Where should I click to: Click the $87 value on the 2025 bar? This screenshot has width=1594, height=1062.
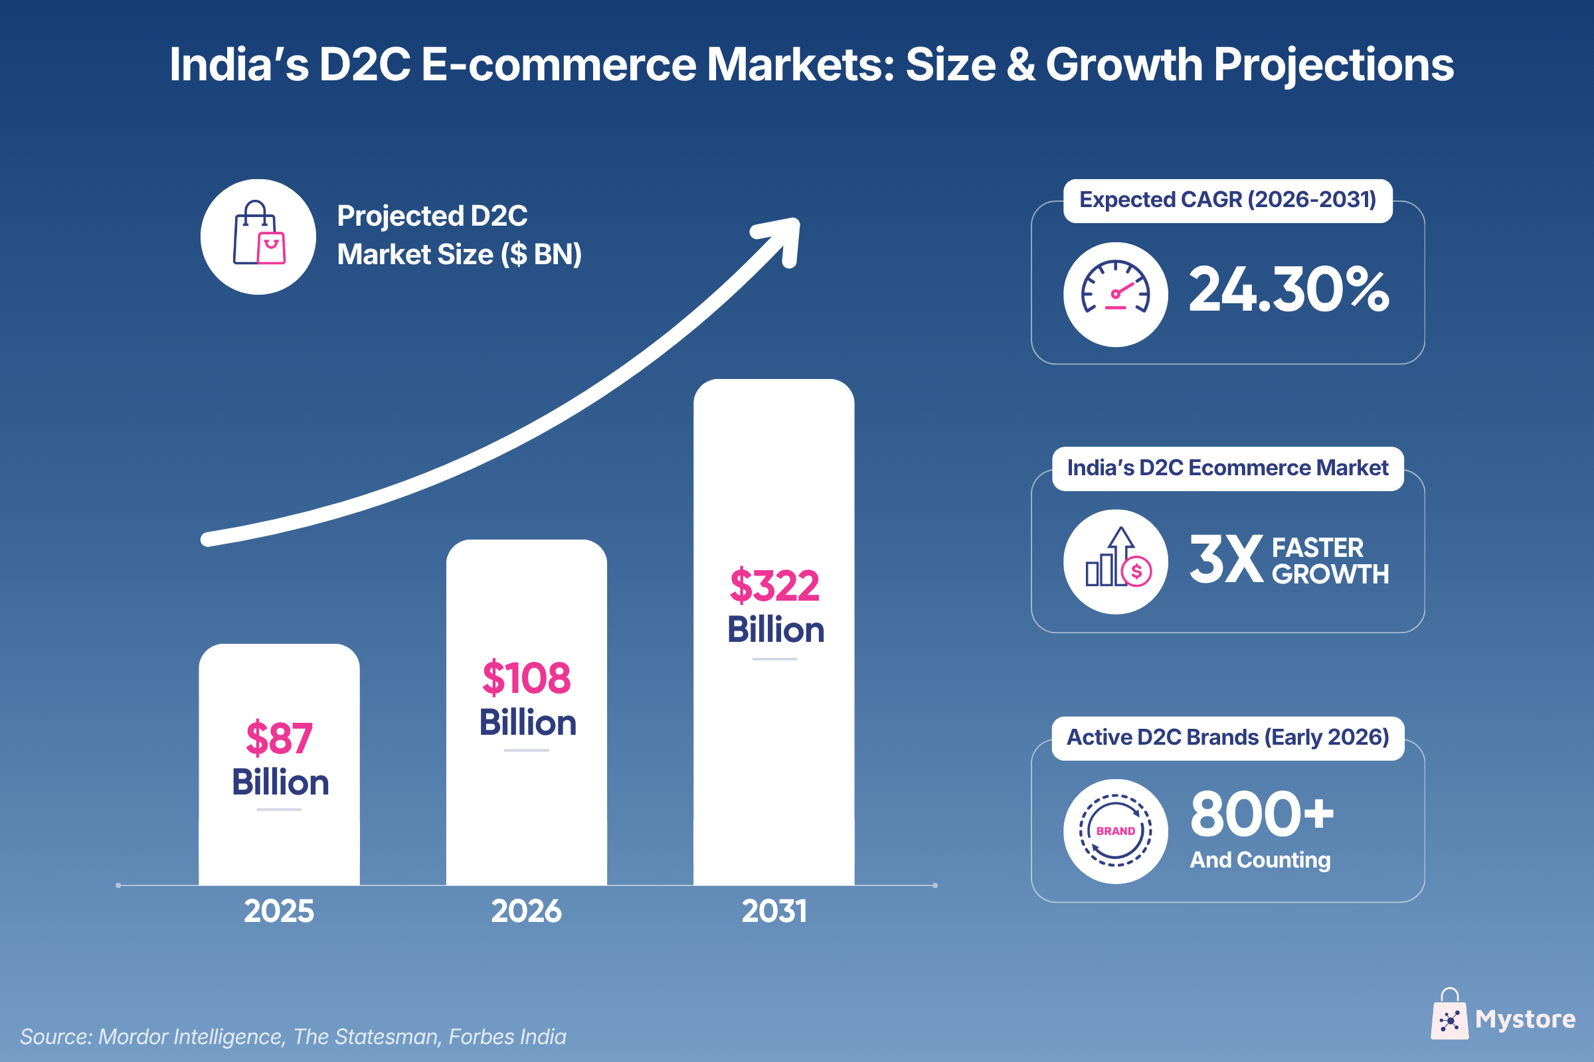coord(279,737)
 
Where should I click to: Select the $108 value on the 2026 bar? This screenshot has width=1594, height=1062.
coord(527,677)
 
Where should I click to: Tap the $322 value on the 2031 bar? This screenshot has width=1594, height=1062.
coord(774,585)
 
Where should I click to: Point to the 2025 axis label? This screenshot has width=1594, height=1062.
coord(279,911)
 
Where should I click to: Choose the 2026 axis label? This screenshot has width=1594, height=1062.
coord(527,911)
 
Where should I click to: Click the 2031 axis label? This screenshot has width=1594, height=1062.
coord(774,911)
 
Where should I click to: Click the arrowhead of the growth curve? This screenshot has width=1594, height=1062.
coord(782,237)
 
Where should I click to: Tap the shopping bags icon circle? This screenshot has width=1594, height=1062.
coord(258,237)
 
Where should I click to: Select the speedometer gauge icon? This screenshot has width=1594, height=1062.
coord(1116,295)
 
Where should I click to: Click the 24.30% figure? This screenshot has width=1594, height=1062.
coord(1288,290)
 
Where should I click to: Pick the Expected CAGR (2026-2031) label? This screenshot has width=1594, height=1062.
coord(1227,200)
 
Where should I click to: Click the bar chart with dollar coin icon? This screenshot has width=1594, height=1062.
coord(1116,562)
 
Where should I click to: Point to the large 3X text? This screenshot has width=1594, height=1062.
coord(1226,560)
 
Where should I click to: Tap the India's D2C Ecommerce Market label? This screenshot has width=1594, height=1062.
coord(1227,468)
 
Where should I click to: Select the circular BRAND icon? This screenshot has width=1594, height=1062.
coord(1116,831)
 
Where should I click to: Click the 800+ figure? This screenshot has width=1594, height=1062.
coord(1262,814)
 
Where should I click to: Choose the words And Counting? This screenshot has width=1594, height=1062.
coord(1261,860)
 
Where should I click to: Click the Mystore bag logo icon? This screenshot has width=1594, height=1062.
coord(1449,1016)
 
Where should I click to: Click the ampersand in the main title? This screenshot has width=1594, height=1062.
coord(1021,65)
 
